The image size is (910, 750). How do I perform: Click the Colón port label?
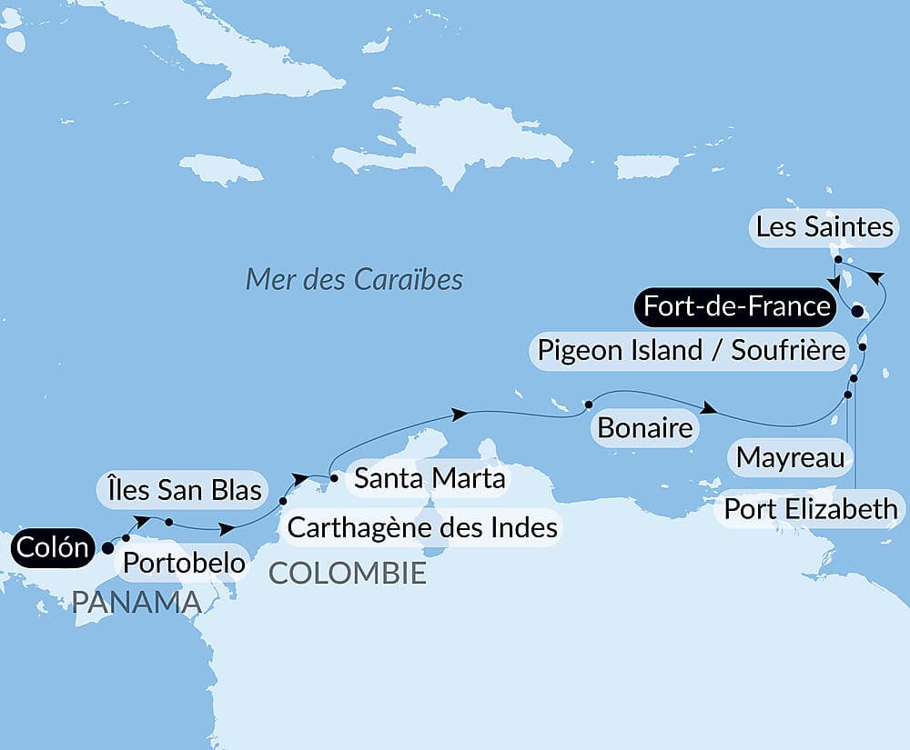[x=53, y=548]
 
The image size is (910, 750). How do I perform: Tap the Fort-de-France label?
[x=736, y=306]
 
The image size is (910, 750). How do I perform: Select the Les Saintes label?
[x=824, y=227]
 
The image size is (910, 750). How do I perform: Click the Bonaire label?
[x=646, y=427]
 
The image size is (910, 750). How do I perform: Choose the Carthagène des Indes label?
[x=421, y=527]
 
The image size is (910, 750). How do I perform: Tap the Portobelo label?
[x=184, y=563]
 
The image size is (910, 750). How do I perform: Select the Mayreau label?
[x=790, y=456]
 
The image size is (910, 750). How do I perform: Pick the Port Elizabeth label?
[x=811, y=510]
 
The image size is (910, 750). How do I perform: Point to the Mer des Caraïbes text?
[x=354, y=279]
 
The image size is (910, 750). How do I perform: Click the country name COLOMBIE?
[x=347, y=573]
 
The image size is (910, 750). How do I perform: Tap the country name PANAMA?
[x=136, y=602]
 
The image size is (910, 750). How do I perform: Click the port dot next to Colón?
[x=107, y=548]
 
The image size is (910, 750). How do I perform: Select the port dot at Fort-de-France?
[x=856, y=312]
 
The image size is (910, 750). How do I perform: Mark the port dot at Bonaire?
[x=588, y=404]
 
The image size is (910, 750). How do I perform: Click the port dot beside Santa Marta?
[x=334, y=478]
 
